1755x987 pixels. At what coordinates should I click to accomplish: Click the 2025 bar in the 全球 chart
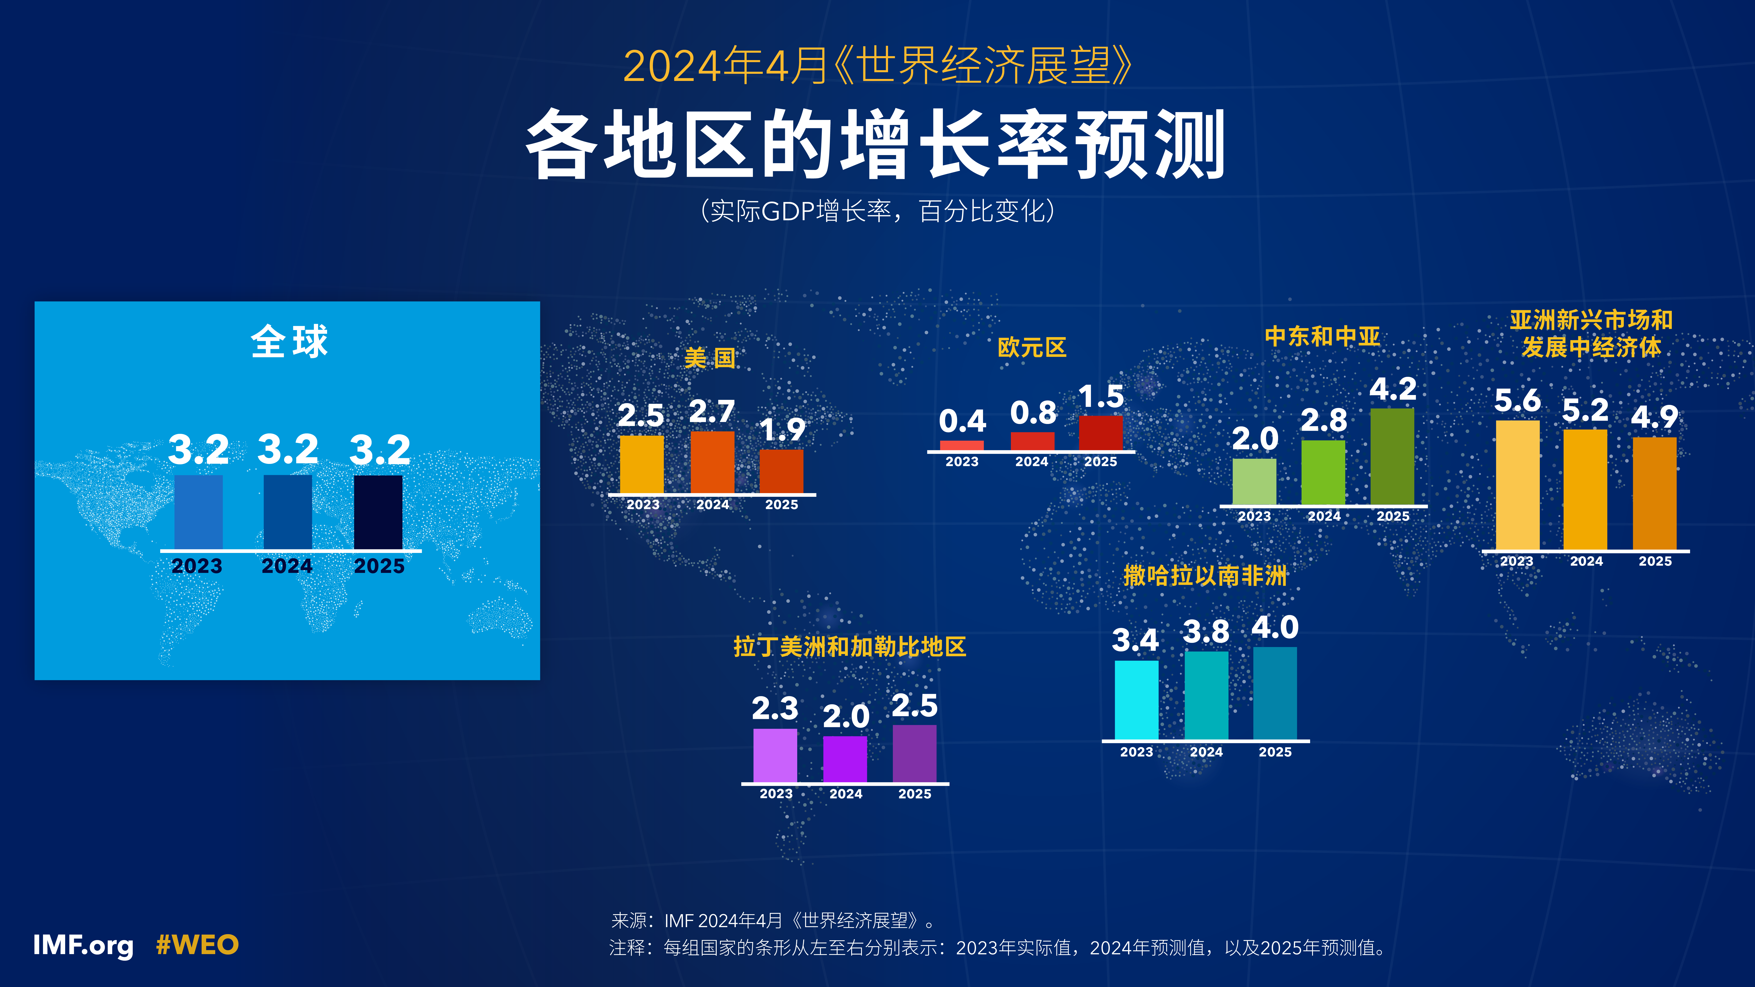coord(378,512)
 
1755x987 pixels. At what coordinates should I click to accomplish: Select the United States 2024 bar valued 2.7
coord(713,463)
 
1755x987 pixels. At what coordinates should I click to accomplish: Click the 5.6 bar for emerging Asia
coord(1517,485)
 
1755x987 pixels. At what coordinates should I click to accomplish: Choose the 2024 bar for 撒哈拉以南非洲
coord(1207,695)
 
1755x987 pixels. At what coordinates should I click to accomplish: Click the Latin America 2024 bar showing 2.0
coord(845,760)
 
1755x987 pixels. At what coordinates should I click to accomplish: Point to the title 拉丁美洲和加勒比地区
coord(850,646)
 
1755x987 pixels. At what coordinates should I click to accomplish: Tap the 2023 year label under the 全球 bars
coord(197,566)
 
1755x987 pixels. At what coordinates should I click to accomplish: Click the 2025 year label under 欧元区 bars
coord(1100,462)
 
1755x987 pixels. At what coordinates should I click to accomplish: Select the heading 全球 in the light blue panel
coord(289,341)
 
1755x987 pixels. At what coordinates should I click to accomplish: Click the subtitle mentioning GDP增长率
coord(877,211)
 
